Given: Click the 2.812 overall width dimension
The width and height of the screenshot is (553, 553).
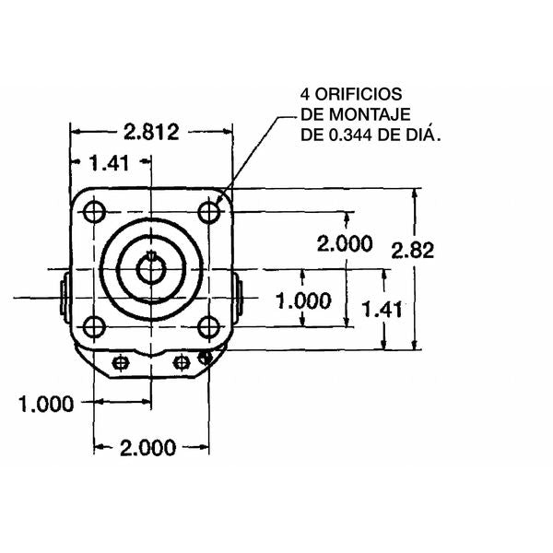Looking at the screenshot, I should [152, 131].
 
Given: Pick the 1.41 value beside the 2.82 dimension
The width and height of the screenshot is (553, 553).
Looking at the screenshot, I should [381, 310].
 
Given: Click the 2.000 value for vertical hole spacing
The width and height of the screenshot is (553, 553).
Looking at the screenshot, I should [344, 243].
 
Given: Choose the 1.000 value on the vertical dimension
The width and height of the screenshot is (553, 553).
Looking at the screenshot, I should [304, 300].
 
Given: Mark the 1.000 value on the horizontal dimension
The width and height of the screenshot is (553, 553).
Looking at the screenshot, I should [46, 403].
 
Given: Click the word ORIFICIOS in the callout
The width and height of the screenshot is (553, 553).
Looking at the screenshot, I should [351, 95].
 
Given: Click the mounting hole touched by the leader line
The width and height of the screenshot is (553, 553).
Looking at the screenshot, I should [210, 212].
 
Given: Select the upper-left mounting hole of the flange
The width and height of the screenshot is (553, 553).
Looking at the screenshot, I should [93, 212].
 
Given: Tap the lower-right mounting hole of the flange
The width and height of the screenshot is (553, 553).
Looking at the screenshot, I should [210, 326].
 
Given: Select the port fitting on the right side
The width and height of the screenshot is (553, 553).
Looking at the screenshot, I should [239, 297].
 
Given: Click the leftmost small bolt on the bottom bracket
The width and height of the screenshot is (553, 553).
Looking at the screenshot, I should [119, 363].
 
